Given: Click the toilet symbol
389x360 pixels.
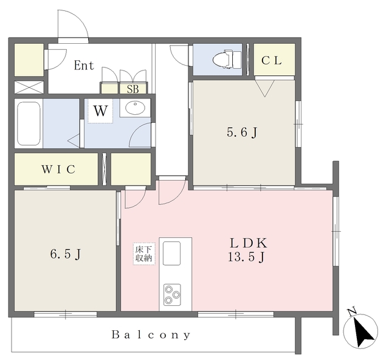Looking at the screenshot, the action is [x=227, y=60].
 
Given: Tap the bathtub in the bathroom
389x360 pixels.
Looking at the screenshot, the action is [x=29, y=123].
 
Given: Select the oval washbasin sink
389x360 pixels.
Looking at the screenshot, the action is [x=135, y=108].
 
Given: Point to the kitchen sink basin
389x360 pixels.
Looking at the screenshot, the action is [x=171, y=253].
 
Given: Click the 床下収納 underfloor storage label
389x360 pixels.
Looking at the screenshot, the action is [x=144, y=254].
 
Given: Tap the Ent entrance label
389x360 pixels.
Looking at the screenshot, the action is [x=84, y=66].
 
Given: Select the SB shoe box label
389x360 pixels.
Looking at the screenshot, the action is [x=133, y=89].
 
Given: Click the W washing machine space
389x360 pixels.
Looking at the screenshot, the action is [x=100, y=111].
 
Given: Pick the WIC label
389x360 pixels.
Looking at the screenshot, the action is [x=58, y=169].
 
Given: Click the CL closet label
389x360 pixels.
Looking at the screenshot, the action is [x=272, y=60].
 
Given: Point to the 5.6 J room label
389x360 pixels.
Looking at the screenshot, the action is [x=242, y=133].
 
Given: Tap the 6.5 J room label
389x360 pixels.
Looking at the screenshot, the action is [x=66, y=254].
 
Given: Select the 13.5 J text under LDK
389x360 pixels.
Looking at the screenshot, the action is [x=246, y=257].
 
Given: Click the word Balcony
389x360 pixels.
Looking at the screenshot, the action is [x=151, y=334].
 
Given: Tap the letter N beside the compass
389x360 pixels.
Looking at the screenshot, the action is [x=351, y=312].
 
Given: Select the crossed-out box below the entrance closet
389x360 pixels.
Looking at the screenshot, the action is [x=29, y=88].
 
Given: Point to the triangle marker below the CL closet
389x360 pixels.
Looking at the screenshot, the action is [x=265, y=88].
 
